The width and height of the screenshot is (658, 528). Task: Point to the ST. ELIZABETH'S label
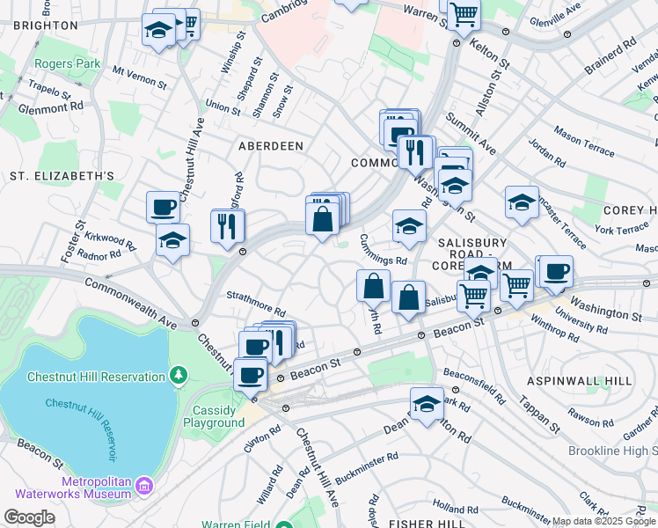pyautogui.click(x=62, y=176)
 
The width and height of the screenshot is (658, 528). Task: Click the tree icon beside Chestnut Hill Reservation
pyautogui.click(x=179, y=377)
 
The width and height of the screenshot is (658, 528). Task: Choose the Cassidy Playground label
pyautogui.click(x=214, y=416)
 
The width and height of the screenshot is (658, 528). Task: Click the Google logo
pyautogui.click(x=30, y=517)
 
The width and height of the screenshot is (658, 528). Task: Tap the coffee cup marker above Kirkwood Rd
pyautogui.click(x=163, y=208)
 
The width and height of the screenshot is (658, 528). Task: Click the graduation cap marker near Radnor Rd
pyautogui.click(x=172, y=239)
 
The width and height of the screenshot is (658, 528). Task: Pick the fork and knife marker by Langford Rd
pyautogui.click(x=228, y=225)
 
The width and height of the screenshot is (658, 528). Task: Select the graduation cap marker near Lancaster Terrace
pyautogui.click(x=522, y=202)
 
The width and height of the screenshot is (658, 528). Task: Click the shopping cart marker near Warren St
pyautogui.click(x=464, y=13)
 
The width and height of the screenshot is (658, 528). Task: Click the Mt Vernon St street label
pyautogui.click(x=140, y=77)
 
